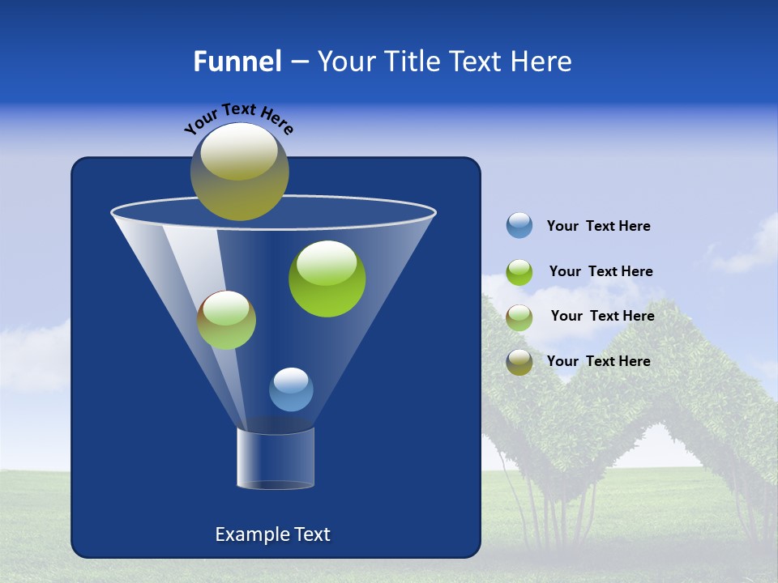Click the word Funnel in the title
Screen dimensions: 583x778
237,62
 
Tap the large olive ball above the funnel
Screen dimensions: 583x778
239,171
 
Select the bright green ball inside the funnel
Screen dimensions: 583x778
327,279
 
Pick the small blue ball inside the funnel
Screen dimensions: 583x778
291,389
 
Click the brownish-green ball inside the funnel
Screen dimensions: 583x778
226,320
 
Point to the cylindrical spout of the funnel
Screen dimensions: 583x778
275,459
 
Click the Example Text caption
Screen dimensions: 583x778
272,534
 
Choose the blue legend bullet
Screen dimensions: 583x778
519,226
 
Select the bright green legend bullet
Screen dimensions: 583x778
519,272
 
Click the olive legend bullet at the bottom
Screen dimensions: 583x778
519,362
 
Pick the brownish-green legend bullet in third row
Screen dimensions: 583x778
519,317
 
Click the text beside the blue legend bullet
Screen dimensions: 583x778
598,227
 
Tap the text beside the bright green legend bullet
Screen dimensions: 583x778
601,272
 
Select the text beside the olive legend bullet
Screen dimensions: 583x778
598,362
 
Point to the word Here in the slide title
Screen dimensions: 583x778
543,62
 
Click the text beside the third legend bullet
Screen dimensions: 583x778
602,317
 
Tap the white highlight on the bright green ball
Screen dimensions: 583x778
327,262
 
